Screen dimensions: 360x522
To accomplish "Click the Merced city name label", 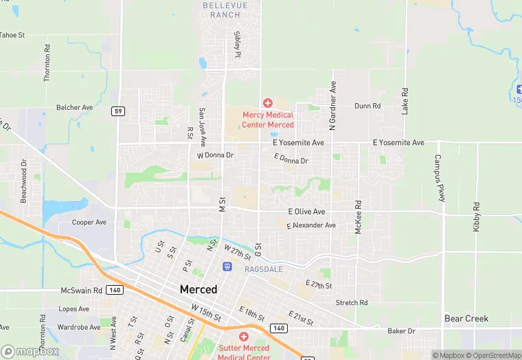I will tap(198, 289).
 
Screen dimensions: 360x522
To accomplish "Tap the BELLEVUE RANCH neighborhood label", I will tap(221, 10).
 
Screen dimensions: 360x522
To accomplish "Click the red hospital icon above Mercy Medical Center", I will tap(268, 103).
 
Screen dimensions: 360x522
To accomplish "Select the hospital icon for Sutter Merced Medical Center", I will tap(243, 337).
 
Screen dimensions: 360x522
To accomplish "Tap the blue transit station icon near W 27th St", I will tap(227, 266).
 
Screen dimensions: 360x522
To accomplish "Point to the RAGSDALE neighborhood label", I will tap(264, 269).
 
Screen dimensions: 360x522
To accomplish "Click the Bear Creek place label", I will tap(466, 318).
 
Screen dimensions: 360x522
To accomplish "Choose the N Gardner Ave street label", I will tap(333, 106).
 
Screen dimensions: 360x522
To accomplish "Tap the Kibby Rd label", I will tap(476, 216).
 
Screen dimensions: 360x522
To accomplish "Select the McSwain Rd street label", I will tap(81, 291).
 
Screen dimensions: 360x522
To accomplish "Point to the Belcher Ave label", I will tap(75, 108).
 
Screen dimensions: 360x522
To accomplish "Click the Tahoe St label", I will tap(12, 35).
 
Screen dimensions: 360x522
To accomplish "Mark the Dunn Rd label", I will tap(367, 106).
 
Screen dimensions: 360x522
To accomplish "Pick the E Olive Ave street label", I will tap(306, 212).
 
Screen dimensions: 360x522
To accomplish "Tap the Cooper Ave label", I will tap(89, 223).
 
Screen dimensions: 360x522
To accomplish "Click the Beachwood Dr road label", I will tap(23, 181).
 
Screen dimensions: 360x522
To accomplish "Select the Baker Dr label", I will tap(402, 331).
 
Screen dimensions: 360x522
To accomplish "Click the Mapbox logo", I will tap(30, 351).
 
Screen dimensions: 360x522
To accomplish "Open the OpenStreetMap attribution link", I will tap(492, 355).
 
